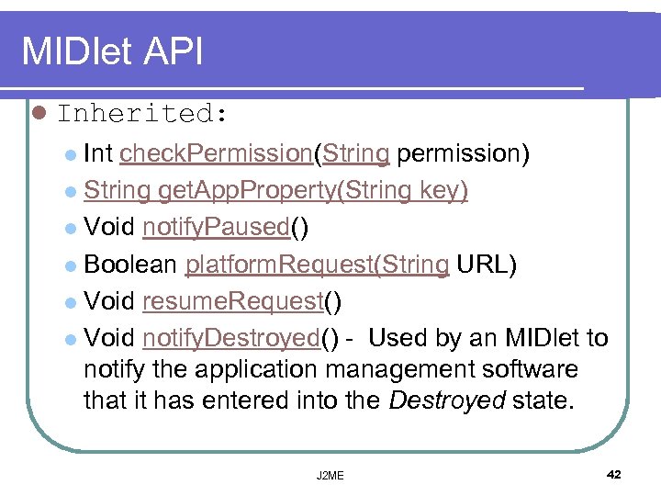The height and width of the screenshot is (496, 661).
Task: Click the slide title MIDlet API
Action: [x=112, y=51]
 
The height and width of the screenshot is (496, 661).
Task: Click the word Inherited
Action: [x=135, y=114]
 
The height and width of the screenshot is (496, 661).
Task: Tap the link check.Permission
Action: [x=216, y=153]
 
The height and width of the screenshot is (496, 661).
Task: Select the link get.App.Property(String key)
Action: [x=313, y=190]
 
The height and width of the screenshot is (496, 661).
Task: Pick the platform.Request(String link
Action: [x=317, y=265]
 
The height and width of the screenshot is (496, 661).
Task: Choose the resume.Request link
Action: [x=233, y=301]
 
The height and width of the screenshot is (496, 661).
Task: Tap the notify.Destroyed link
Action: [x=230, y=338]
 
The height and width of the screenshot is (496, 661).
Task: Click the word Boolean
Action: [x=130, y=265]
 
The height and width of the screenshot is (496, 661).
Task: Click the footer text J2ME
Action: [x=329, y=475]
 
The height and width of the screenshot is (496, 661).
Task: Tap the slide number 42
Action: [x=614, y=474]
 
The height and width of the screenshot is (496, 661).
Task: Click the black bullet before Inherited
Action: [x=38, y=114]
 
